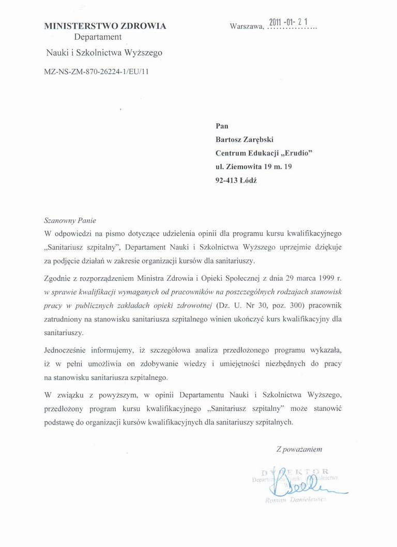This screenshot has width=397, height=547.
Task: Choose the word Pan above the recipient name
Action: (x=221, y=126)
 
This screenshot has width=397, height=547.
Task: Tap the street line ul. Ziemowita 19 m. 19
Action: (x=253, y=167)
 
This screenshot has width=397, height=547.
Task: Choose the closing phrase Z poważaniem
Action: (x=299, y=449)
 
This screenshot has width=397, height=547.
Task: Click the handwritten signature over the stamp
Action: (x=302, y=483)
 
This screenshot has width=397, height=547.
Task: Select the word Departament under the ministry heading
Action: (x=98, y=37)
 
